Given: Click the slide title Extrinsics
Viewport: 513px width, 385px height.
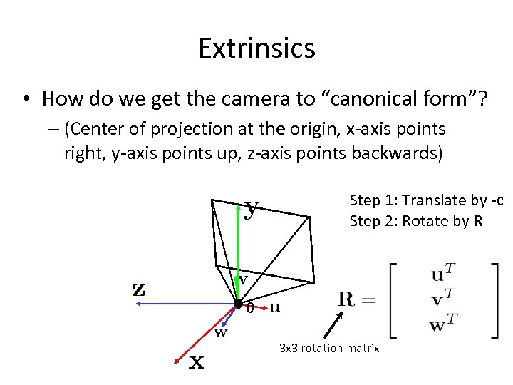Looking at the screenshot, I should coord(256,48).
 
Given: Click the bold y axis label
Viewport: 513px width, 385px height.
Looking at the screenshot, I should coord(251,208).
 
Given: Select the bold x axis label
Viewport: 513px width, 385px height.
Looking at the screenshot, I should coord(197,362).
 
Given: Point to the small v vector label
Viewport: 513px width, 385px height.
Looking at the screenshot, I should coord(243,279).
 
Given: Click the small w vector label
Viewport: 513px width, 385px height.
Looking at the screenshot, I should coord(222,332).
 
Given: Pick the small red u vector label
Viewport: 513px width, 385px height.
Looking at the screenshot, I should coord(275,307).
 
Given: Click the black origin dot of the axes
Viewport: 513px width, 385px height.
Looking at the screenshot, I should coord(238,304).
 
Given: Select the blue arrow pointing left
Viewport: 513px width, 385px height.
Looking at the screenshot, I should coord(185,304).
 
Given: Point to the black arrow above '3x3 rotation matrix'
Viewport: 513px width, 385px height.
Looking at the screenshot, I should coord(331,327).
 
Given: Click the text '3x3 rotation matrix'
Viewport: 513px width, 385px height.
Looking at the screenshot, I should coord(329,348).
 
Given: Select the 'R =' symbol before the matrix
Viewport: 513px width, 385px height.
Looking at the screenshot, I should coord(356,299).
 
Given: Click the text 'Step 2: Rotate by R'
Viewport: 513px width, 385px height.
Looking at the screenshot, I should coord(416,221).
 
